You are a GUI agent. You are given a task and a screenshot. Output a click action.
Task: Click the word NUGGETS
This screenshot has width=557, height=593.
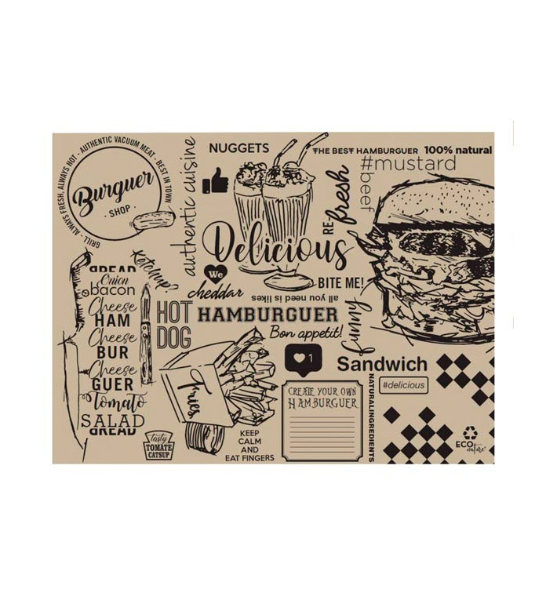coord(238,147)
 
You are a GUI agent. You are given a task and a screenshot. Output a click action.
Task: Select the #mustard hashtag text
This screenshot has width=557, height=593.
coord(408,164)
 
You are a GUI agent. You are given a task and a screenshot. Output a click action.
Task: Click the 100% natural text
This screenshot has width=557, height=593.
coord(458,149)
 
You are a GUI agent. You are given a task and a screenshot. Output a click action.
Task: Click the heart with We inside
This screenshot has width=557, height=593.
coord(216,275)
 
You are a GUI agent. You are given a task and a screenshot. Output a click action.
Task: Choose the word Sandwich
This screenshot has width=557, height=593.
coord(383,364)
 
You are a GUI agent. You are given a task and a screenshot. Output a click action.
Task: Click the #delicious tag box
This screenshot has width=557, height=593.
coord(402,385)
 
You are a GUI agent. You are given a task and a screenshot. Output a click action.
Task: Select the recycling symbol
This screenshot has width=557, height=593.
coord(470,431)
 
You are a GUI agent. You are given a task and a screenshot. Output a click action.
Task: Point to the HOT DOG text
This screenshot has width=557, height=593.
coord(173,323)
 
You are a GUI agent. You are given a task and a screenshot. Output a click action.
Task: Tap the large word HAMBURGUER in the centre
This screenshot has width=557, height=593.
coord(267,315)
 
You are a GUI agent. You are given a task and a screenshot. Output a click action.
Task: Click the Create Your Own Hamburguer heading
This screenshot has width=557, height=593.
coord(322,396)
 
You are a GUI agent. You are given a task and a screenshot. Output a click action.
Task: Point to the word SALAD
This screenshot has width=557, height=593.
coord(114,420)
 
